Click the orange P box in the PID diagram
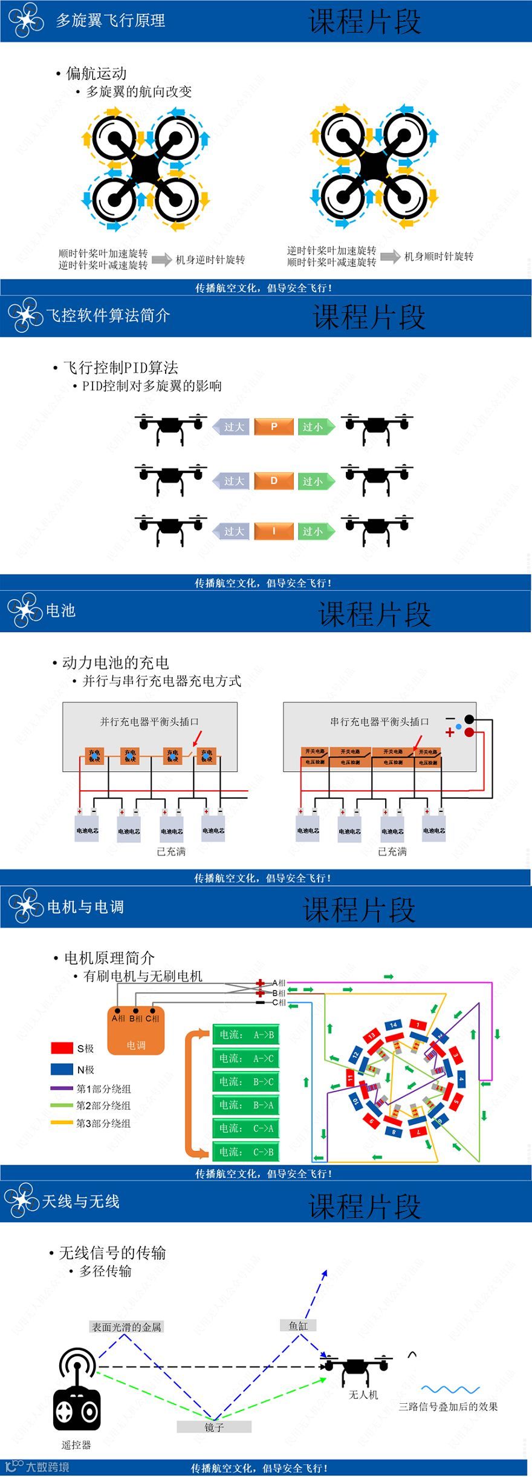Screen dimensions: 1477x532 tap(274, 427)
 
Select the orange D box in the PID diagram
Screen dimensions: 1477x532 tap(274, 481)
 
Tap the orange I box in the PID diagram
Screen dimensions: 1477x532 tap(274, 531)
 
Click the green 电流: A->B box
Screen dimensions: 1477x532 tap(246, 1035)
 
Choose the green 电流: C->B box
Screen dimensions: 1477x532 tap(246, 1152)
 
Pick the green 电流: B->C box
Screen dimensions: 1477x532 tap(246, 1082)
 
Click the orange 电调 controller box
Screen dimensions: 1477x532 tap(136, 1031)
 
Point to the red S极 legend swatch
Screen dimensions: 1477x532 tap(62, 1047)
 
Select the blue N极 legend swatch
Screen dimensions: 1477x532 tap(62, 1069)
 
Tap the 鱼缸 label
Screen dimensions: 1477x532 tap(299, 1325)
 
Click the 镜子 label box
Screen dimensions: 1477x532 tap(214, 1427)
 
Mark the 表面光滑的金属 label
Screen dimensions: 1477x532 tap(126, 1327)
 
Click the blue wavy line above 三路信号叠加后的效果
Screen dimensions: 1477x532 tap(450, 1389)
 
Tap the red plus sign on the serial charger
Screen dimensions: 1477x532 tap(450, 733)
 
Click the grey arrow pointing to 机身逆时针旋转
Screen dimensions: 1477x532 tap(161, 260)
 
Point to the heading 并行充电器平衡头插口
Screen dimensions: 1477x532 tap(149, 721)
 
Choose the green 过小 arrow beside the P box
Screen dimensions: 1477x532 tap(315, 427)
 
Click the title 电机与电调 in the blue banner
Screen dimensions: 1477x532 tap(86, 906)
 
